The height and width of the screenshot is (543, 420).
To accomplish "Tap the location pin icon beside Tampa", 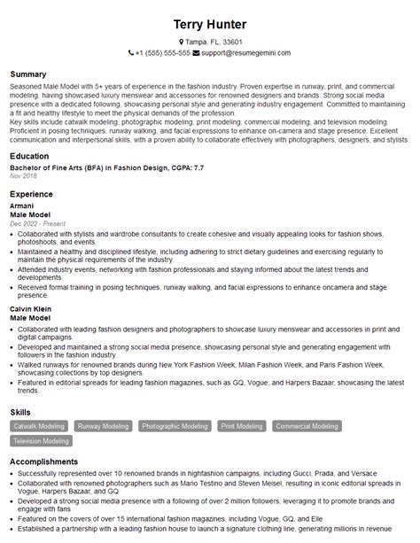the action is (x=181, y=42).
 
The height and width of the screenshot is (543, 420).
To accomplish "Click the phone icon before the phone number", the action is (x=131, y=53).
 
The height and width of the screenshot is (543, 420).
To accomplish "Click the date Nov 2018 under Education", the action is (x=23, y=177).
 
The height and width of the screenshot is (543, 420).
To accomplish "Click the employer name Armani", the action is (x=21, y=205).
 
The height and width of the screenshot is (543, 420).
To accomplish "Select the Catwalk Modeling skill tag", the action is (x=39, y=426).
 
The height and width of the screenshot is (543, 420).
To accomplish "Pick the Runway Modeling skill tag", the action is (x=103, y=426).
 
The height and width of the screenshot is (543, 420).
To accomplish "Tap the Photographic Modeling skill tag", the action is (x=175, y=426).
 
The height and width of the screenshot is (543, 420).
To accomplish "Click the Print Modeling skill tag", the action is (x=241, y=426).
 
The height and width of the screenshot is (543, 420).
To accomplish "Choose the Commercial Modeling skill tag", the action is (x=307, y=426).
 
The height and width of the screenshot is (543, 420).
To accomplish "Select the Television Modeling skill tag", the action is (x=41, y=440).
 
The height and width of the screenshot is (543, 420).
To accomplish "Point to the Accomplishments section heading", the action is (x=45, y=462).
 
